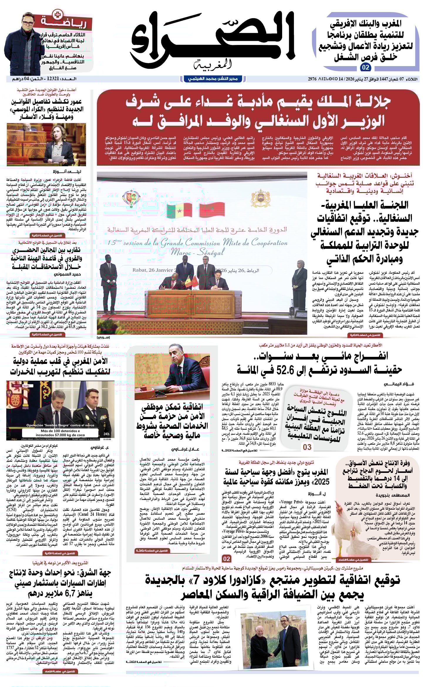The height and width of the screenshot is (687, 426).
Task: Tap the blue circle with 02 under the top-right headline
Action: tap(366, 68)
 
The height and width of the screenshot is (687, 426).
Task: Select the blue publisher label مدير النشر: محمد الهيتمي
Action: tap(213, 79)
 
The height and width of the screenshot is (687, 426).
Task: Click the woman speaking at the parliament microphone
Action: tap(62, 145)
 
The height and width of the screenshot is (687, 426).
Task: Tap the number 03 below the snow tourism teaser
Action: tap(307, 447)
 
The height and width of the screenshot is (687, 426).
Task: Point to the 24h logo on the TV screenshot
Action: tap(106, 434)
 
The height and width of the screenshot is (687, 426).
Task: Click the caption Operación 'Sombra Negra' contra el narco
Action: tap(60, 425)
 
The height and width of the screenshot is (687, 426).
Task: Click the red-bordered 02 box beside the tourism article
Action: tap(227, 558)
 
